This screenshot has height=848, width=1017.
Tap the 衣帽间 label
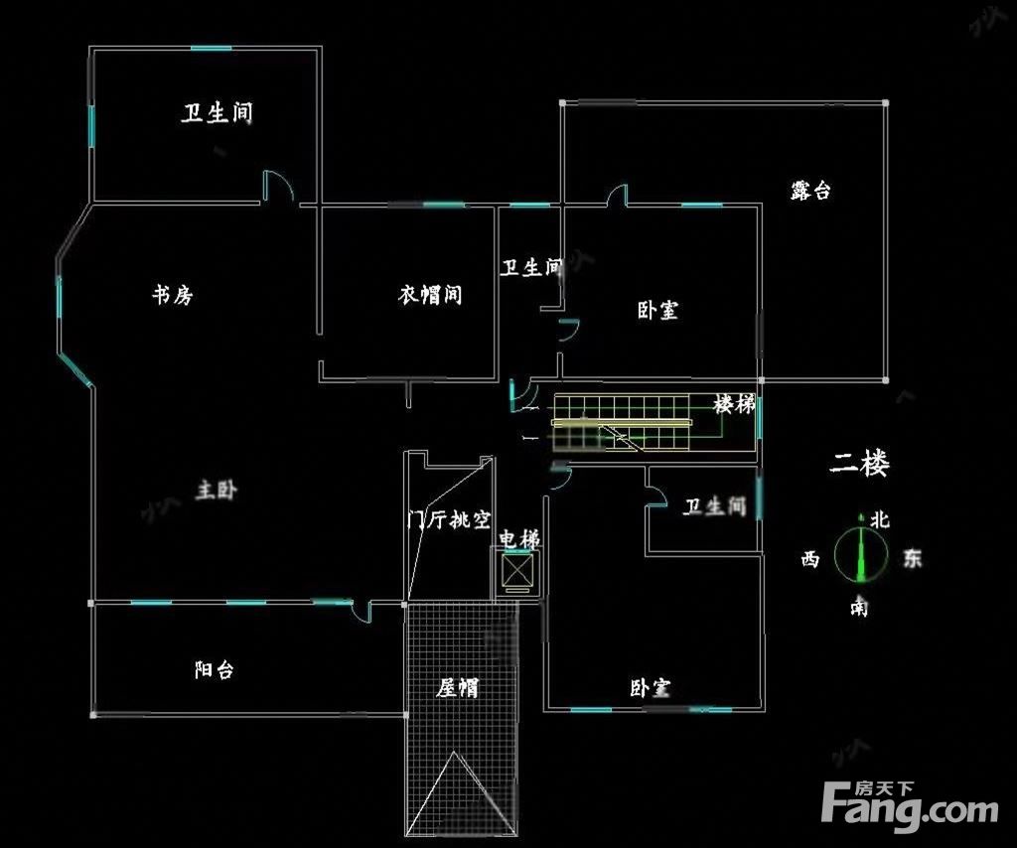click(430, 295)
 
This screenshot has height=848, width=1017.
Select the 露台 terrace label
click(810, 191)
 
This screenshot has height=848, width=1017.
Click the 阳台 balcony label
click(214, 670)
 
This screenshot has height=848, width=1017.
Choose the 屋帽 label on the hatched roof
click(458, 687)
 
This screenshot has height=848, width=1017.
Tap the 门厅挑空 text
click(450, 519)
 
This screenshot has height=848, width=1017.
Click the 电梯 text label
click(518, 540)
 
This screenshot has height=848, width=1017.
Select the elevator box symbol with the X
click(518, 571)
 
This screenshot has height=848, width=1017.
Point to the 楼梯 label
click(734, 405)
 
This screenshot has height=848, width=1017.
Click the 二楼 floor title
click(860, 464)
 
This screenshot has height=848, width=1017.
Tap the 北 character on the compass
click(880, 519)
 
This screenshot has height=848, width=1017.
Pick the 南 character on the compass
click(858, 607)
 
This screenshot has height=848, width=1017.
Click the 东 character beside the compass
click(911, 558)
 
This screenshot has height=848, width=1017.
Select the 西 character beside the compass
click(810, 560)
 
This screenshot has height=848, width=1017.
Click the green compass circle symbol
click(859, 554)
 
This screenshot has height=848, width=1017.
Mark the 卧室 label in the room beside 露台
click(657, 311)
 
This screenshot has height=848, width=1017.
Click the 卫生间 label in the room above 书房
click(217, 113)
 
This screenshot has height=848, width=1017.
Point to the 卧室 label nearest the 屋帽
click(650, 688)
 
